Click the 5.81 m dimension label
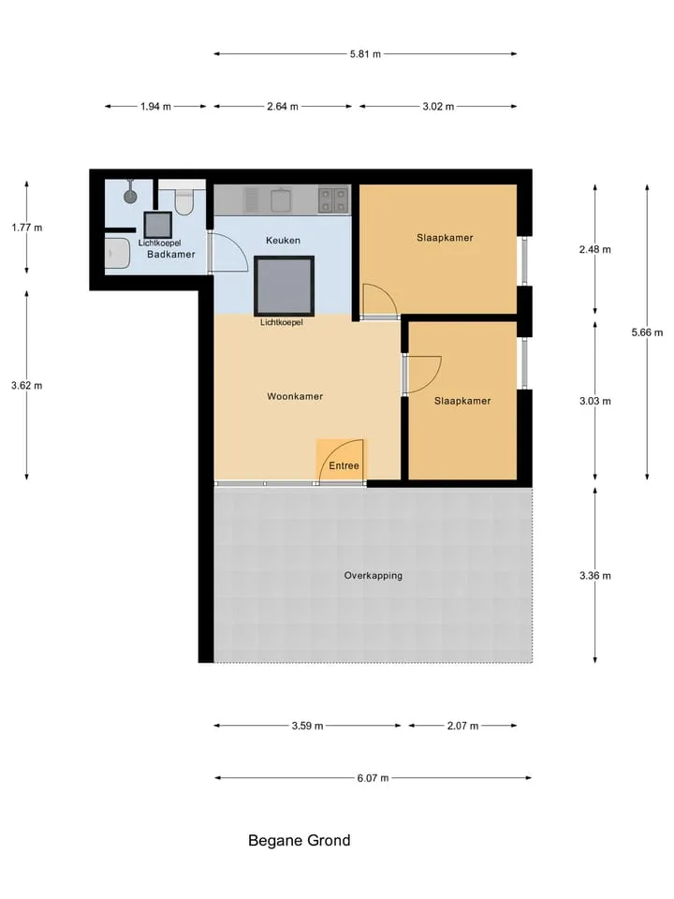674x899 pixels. [x=365, y=54]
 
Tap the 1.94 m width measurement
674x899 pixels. [x=155, y=107]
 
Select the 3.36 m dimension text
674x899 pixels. [x=595, y=576]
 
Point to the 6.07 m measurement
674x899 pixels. [x=373, y=778]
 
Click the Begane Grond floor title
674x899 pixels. [x=300, y=841]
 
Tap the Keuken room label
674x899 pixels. [x=283, y=241]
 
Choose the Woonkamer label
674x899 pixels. [x=295, y=396]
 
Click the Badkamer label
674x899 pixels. [x=170, y=254]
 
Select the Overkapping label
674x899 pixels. [x=374, y=575]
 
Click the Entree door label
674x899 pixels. [x=344, y=465]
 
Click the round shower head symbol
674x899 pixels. [x=131, y=196]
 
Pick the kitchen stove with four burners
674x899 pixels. [x=333, y=200]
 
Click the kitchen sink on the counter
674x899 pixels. [x=281, y=200]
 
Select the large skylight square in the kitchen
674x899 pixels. [x=285, y=287]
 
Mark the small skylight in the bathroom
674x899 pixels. [x=157, y=225]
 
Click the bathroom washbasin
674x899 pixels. [x=118, y=254]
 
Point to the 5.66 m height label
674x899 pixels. [x=647, y=332]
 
